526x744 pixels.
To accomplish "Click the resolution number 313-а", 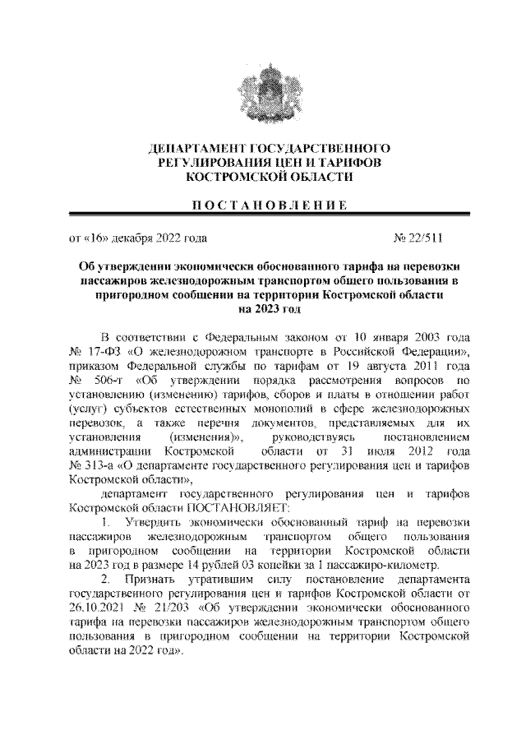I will coord(106,466).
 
